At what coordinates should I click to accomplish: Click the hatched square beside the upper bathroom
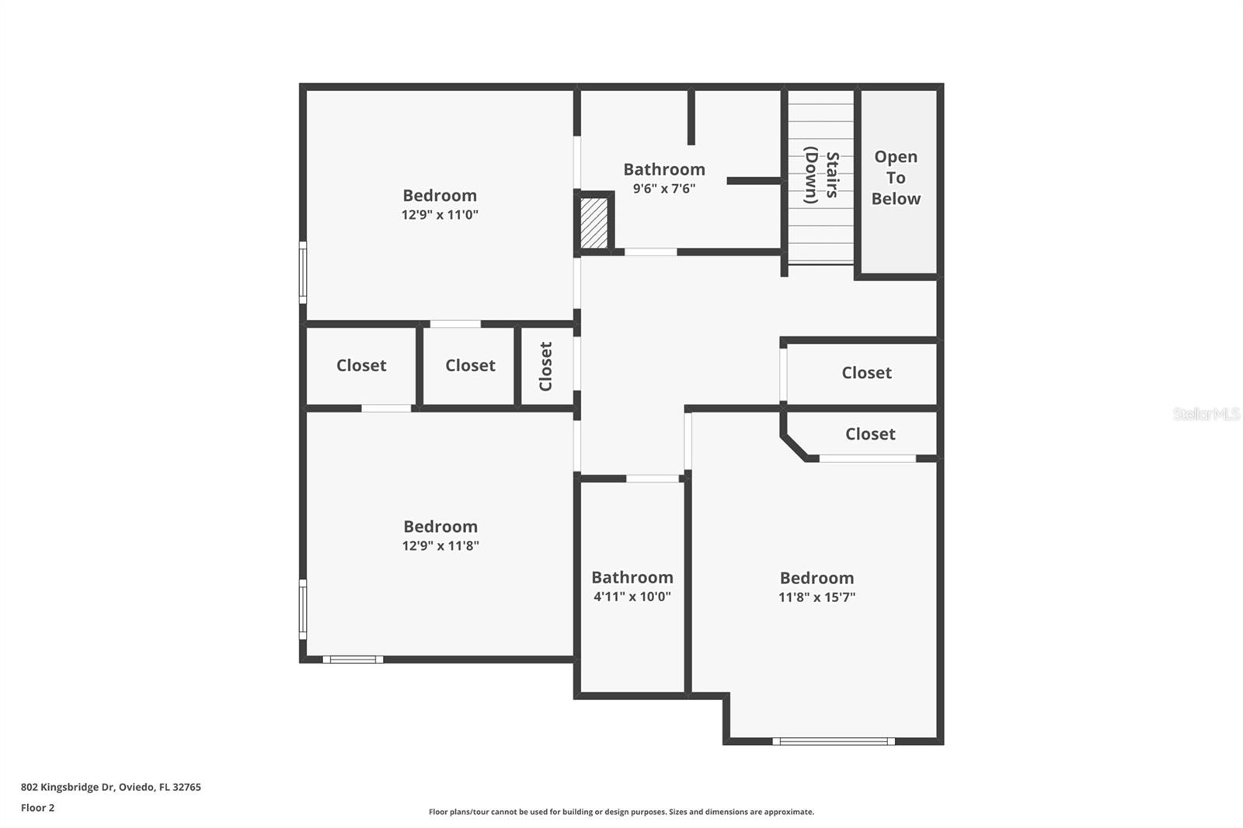(594, 223)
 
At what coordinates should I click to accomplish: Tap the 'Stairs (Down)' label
(821, 176)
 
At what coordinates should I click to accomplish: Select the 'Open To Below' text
(896, 178)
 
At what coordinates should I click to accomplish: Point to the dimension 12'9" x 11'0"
(440, 215)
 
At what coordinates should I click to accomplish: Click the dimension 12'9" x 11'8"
(440, 546)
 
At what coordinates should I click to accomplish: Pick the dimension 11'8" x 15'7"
(816, 597)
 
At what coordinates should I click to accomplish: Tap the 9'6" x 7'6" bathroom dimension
(663, 189)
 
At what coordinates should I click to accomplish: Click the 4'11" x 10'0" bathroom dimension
(632, 597)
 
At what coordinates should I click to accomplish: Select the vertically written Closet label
(545, 366)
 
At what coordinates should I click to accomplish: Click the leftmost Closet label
(361, 365)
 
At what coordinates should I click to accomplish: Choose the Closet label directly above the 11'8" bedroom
(870, 434)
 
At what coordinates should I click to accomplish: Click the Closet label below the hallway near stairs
(866, 373)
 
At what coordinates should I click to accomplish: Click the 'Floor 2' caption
(37, 808)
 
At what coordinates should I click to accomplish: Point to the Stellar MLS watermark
(1206, 414)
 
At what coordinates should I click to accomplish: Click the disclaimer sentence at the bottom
(621, 812)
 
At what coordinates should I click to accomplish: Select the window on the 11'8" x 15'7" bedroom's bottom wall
(834, 741)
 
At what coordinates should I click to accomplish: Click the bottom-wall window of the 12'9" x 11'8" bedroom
(353, 659)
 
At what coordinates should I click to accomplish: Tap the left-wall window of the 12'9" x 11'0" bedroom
(303, 272)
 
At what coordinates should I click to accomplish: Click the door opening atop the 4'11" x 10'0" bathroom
(653, 478)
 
